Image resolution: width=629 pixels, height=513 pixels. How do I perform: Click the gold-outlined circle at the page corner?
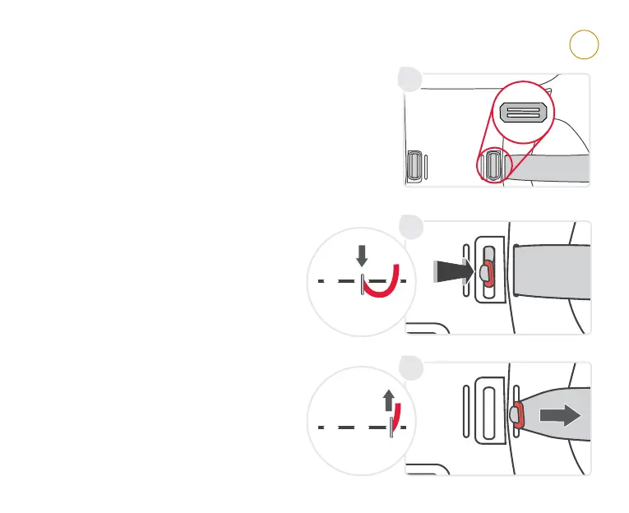pos(583,45)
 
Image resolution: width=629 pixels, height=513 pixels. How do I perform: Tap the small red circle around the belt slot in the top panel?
pos(494,164)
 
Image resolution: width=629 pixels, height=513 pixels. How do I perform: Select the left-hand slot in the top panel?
pos(416,166)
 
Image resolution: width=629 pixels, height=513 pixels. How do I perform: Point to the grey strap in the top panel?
pos(559,168)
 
